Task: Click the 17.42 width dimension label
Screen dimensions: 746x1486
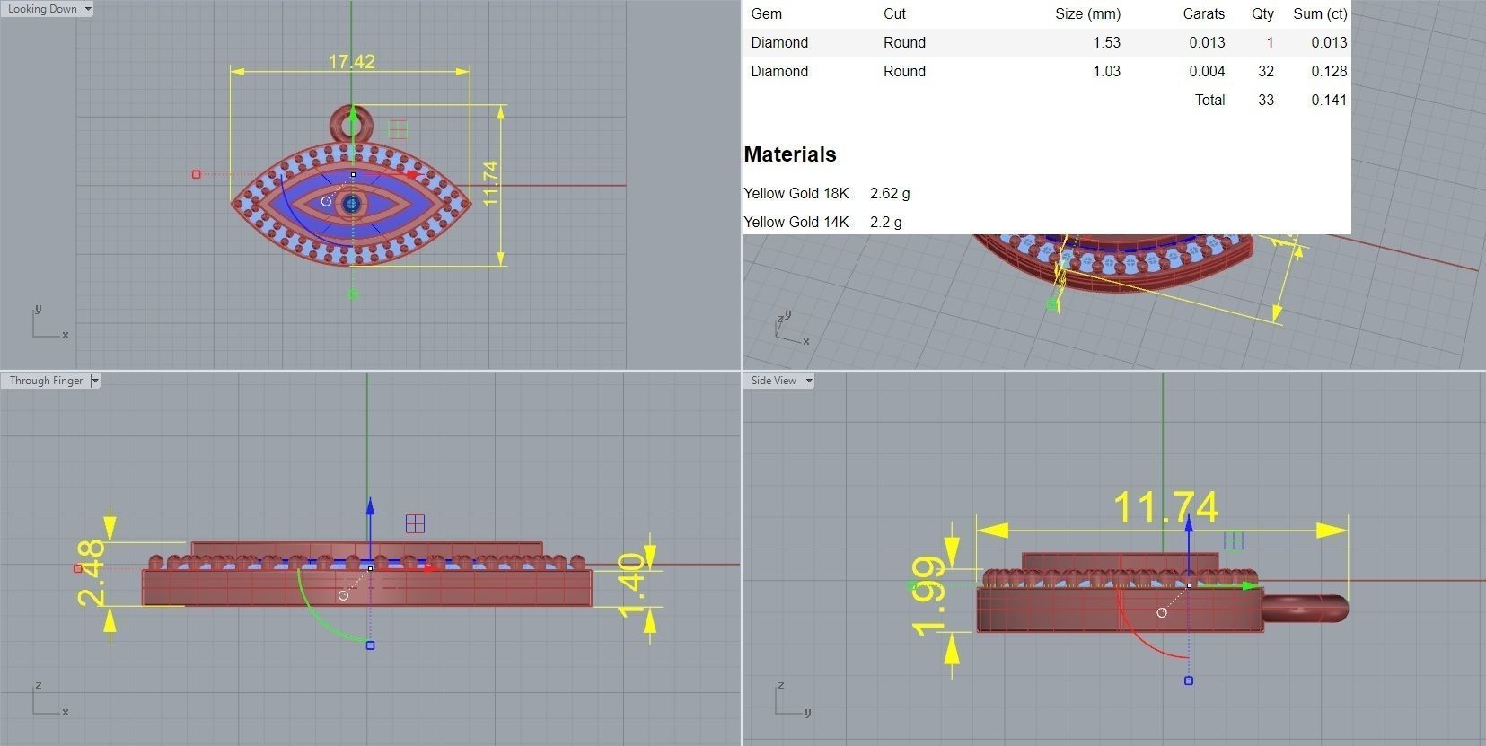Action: click(351, 61)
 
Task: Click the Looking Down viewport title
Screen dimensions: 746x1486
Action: click(41, 9)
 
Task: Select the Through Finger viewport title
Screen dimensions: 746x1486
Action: click(46, 381)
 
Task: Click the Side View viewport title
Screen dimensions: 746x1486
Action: click(773, 381)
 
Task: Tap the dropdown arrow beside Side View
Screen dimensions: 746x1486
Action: click(809, 381)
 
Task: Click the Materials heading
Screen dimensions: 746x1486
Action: click(789, 154)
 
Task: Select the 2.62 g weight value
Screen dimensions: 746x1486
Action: click(889, 193)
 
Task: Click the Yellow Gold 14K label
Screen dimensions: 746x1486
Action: click(796, 222)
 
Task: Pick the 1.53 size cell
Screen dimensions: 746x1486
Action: click(1106, 42)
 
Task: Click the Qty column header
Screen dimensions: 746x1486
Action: click(1262, 13)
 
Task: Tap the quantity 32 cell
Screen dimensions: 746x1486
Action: click(1266, 71)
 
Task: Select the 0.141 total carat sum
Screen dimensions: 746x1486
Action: click(1328, 100)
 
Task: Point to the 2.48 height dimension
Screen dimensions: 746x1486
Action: click(91, 572)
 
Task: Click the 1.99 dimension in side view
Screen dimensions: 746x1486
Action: click(928, 595)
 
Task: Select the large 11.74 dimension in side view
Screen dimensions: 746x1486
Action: click(1165, 508)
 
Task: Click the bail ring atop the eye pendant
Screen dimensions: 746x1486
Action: click(351, 120)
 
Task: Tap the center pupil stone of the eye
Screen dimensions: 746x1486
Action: click(351, 204)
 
